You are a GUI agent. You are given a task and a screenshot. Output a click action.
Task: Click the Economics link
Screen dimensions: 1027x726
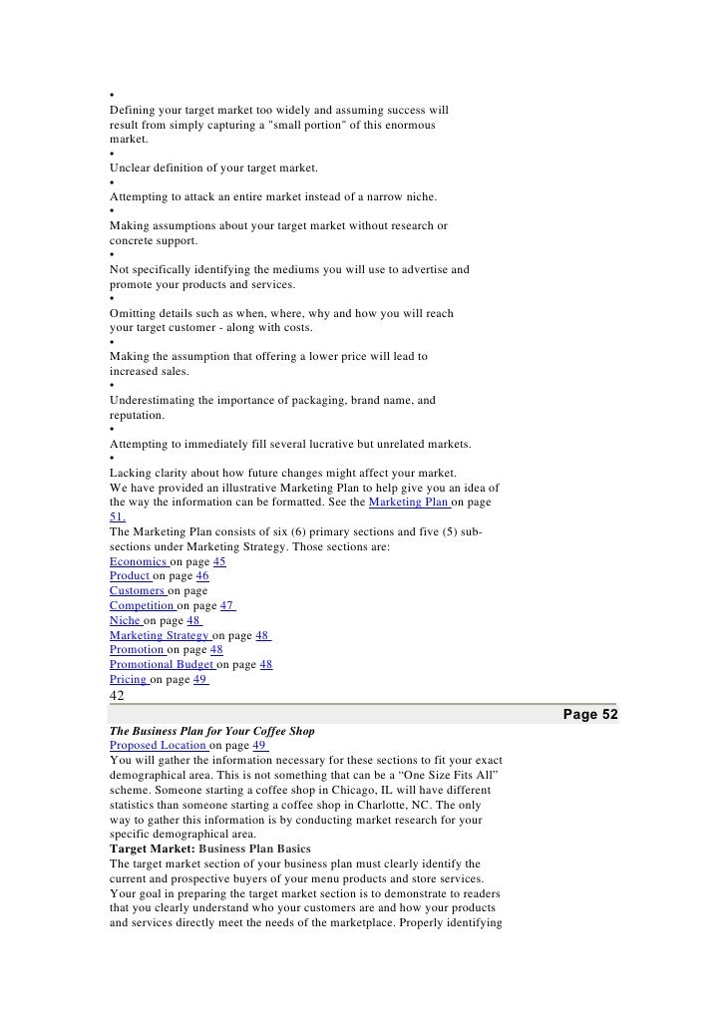pyautogui.click(x=139, y=562)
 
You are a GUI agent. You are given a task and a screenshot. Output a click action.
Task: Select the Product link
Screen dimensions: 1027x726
pyautogui.click(x=131, y=576)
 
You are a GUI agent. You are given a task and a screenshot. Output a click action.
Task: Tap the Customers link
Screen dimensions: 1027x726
pyautogui.click(x=138, y=591)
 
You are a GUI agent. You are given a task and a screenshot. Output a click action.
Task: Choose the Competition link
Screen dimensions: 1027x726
pyautogui.click(x=143, y=605)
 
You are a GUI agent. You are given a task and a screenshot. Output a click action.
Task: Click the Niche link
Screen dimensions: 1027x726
pyautogui.click(x=126, y=620)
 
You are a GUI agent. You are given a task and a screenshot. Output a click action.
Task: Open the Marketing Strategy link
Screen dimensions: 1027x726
pyautogui.click(x=160, y=635)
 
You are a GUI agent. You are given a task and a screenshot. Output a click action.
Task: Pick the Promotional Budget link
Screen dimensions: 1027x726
pyautogui.click(x=163, y=664)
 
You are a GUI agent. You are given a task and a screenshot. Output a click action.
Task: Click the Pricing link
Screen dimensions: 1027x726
pyautogui.click(x=129, y=679)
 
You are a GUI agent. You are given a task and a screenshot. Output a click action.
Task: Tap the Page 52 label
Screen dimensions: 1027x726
pyautogui.click(x=590, y=715)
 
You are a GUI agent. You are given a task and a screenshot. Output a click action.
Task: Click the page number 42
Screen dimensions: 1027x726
pyautogui.click(x=119, y=696)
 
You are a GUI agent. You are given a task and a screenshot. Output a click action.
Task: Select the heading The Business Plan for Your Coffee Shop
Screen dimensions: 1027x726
pyautogui.click(x=211, y=731)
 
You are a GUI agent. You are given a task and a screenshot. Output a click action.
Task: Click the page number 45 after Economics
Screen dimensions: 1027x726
pyautogui.click(x=219, y=562)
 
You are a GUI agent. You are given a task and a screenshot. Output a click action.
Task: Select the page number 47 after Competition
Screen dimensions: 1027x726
pyautogui.click(x=227, y=605)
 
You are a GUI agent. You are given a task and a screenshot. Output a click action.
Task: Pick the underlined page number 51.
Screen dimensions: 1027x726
pyautogui.click(x=118, y=518)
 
